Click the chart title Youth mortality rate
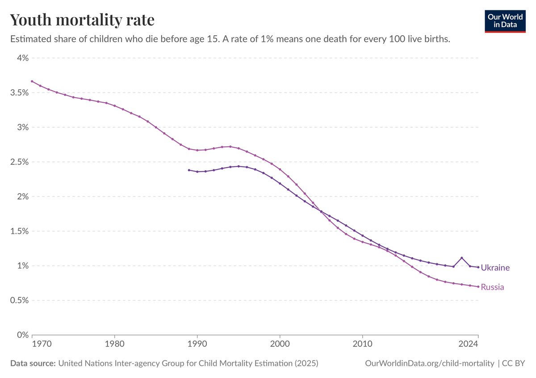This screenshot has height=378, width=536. click(x=82, y=20)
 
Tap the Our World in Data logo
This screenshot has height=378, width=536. click(x=505, y=21)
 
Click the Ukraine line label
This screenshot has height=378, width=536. click(x=495, y=267)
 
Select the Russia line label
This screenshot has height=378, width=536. click(x=492, y=287)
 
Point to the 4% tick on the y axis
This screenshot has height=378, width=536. click(x=23, y=58)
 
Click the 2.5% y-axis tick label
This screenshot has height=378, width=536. click(x=19, y=162)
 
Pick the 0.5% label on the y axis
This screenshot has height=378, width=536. click(x=19, y=300)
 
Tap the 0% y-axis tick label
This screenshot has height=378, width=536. click(x=23, y=335)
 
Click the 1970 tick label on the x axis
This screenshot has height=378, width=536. click(x=42, y=344)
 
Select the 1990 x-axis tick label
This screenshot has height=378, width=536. click(x=197, y=344)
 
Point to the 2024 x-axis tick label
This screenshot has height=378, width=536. click(x=468, y=344)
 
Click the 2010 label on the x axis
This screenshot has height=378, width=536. click(x=363, y=344)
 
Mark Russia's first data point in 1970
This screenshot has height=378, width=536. click(x=32, y=81)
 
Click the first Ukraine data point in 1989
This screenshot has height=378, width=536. click(x=189, y=170)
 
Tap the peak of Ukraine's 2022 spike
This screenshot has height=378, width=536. click(x=461, y=258)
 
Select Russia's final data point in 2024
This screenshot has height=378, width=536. click(x=478, y=287)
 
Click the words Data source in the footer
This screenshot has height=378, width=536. click(x=33, y=363)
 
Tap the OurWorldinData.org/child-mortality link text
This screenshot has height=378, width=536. click(x=430, y=363)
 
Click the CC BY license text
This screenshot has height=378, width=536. click(x=514, y=363)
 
